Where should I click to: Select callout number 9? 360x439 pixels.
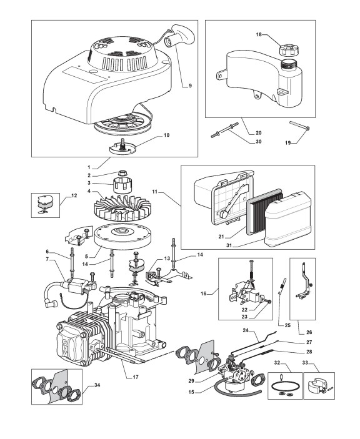pyautogui.click(x=190, y=86)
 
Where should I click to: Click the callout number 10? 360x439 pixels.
pyautogui.click(x=166, y=136)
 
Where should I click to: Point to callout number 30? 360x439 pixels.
pyautogui.click(x=258, y=141)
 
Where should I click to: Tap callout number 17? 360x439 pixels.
pyautogui.click(x=136, y=377)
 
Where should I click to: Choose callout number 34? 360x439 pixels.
pyautogui.click(x=97, y=385)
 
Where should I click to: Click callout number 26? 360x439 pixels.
pyautogui.click(x=309, y=332)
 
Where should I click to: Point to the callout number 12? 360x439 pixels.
pyautogui.click(x=74, y=195)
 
